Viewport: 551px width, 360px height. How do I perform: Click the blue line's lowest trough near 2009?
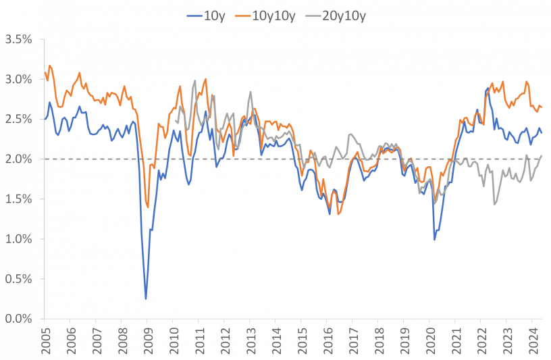pyautogui.click(x=146, y=298)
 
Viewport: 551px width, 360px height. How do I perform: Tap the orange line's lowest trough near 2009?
pyautogui.click(x=148, y=207)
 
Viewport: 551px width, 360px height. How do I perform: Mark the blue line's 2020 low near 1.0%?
pyautogui.click(x=434, y=240)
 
